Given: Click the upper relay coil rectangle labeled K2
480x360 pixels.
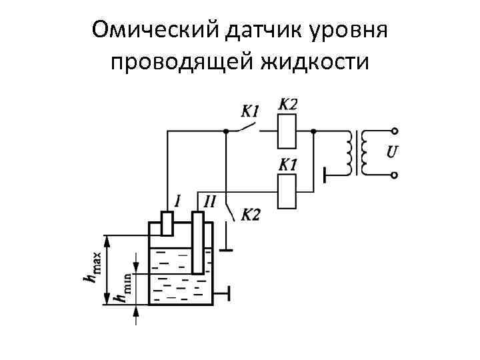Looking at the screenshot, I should pos(287,131).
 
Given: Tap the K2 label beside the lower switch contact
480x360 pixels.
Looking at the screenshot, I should pos(250,215).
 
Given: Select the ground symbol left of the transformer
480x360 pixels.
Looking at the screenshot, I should pos(325,175).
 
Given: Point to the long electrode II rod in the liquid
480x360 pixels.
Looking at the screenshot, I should pos(198,243).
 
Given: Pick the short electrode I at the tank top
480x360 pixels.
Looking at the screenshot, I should pos(167,223).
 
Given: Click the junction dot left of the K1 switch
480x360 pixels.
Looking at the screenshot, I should pos(227,131).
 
